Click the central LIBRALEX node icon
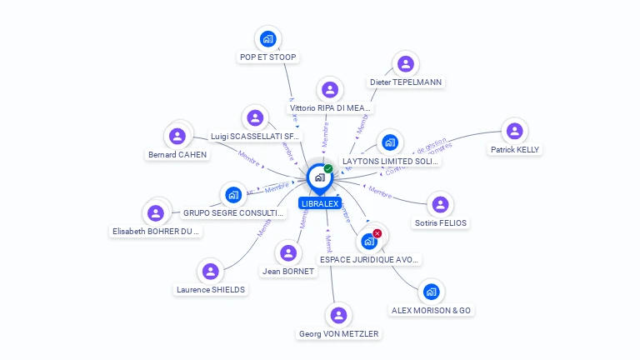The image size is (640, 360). [319, 177]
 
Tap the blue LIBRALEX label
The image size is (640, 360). [319, 203]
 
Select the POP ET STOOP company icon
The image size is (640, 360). [267, 38]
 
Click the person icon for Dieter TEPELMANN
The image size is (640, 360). [406, 63]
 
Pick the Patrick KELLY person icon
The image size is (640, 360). [514, 131]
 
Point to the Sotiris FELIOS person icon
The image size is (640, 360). [441, 204]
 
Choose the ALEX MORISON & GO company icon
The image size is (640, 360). [431, 292]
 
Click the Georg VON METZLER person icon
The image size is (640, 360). [338, 315]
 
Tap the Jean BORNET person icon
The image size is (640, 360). [288, 252]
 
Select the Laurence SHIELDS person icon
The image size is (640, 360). [211, 271]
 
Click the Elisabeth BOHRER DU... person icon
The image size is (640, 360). [156, 212]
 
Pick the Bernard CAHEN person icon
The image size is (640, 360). [177, 135]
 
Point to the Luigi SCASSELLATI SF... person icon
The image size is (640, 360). [255, 117]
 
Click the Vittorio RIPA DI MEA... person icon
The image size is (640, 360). [330, 89]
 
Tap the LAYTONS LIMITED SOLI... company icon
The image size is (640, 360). [389, 142]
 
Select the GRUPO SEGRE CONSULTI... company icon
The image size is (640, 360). [233, 195]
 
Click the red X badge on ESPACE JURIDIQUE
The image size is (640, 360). [377, 233]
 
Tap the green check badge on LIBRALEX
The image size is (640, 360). [328, 168]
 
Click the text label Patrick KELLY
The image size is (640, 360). [515, 150]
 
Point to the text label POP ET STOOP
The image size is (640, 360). [267, 57]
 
